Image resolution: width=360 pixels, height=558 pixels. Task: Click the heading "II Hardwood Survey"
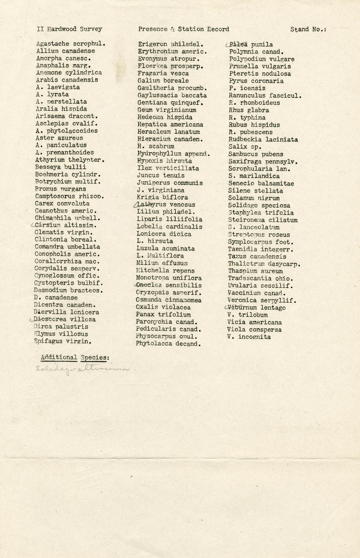[x=69, y=29]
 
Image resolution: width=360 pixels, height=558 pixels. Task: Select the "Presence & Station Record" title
[x=184, y=29]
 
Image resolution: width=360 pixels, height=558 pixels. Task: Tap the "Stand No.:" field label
[x=308, y=29]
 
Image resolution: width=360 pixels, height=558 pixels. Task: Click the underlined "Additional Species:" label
[x=75, y=357]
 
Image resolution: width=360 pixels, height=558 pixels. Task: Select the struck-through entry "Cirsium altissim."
[x=66, y=225]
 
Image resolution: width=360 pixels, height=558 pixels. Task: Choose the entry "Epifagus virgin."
[x=62, y=341]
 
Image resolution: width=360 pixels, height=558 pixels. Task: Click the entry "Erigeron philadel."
[x=171, y=44]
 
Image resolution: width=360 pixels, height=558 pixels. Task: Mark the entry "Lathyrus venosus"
[x=166, y=205]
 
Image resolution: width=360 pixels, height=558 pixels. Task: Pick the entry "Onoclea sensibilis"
[x=169, y=285]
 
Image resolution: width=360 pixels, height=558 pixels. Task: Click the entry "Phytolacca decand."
[x=169, y=344]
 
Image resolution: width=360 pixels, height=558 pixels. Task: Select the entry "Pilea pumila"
[x=251, y=44]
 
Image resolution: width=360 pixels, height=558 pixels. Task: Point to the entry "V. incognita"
[x=249, y=337]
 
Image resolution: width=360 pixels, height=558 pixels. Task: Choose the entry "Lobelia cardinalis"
[x=169, y=226]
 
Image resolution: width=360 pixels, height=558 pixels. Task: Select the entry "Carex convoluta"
[x=62, y=203]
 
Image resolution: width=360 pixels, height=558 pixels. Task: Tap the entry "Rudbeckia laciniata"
[x=263, y=139]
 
